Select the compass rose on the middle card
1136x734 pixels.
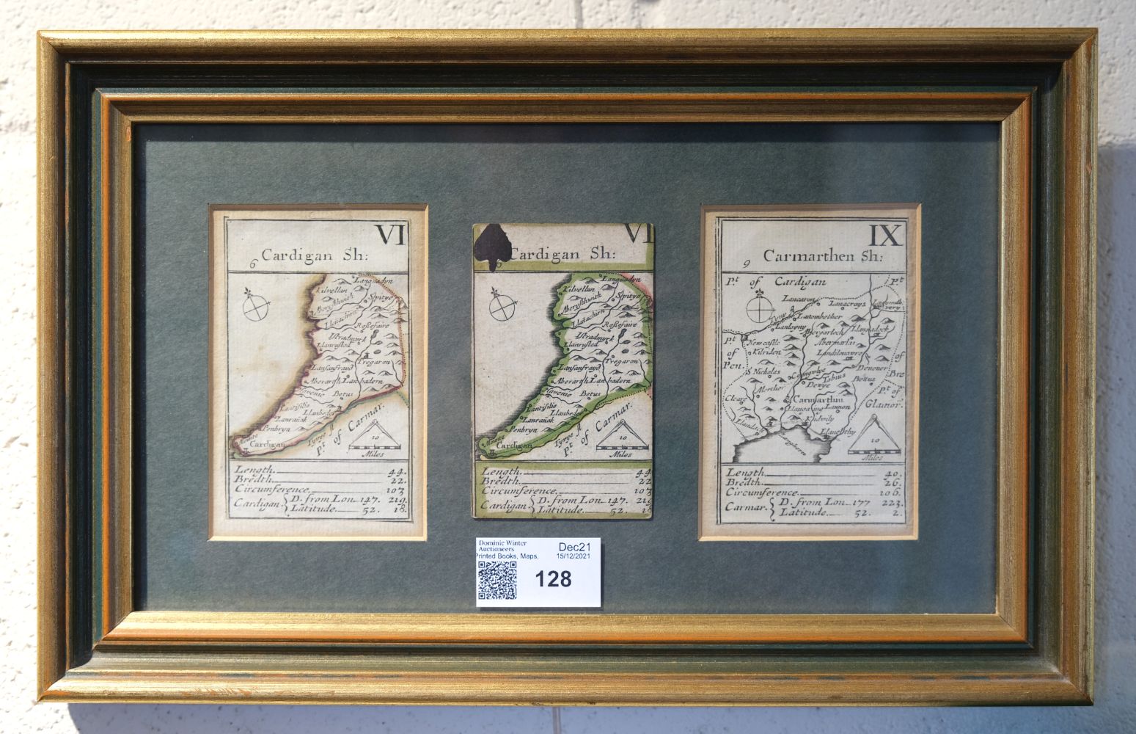tap(502, 308)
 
